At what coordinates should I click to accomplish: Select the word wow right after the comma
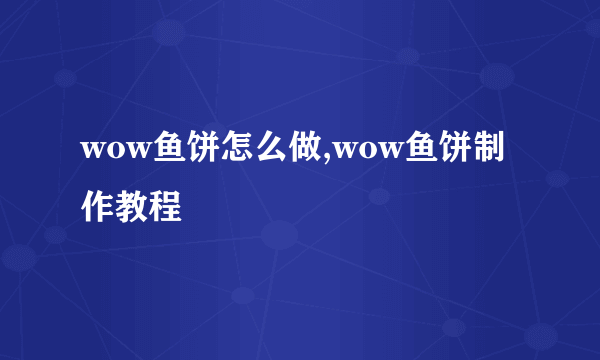click(367, 152)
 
